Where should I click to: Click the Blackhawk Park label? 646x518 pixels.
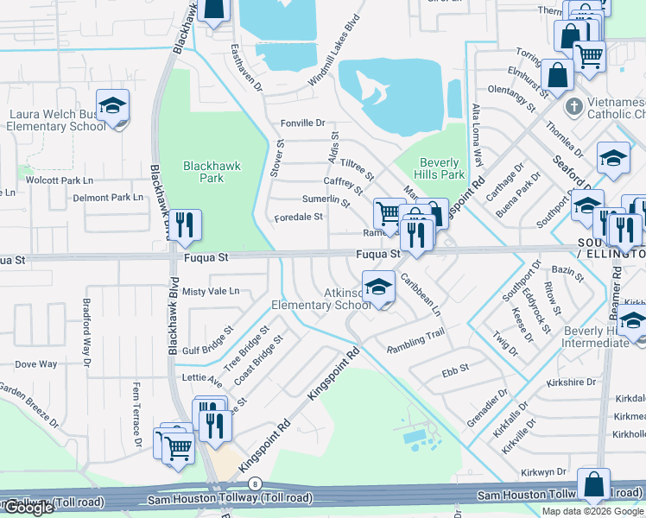204,172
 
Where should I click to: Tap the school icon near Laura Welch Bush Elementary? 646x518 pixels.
112,106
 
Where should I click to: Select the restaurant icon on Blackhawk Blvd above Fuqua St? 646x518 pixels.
185,225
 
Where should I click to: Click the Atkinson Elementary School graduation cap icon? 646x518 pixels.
377,289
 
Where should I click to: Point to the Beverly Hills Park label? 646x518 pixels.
441,168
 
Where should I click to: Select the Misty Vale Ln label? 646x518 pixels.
211,292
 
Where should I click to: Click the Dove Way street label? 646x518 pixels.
36,364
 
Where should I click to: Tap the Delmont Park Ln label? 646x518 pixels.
108,198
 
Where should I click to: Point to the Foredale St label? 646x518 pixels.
299,218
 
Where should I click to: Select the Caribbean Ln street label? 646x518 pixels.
421,294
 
